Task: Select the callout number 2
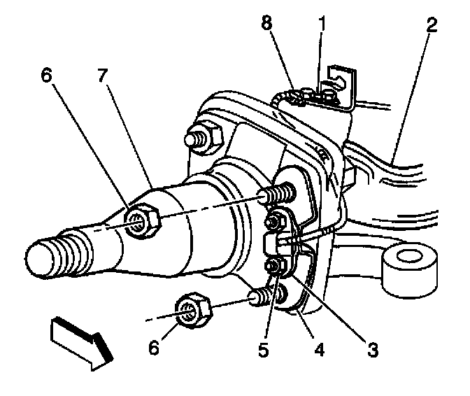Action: click(432, 26)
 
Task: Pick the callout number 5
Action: click(262, 348)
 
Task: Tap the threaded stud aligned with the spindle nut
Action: click(278, 195)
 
